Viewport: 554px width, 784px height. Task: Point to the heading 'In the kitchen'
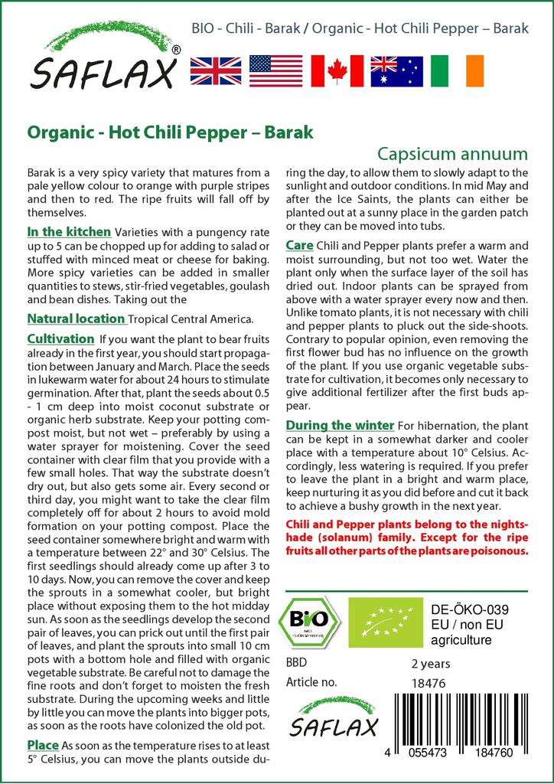pyautogui.click(x=69, y=231)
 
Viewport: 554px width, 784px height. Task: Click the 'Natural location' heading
pyautogui.click(x=76, y=318)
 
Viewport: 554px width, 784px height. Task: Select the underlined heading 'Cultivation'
pyautogui.click(x=60, y=338)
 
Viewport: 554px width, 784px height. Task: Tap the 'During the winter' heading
pyautogui.click(x=340, y=425)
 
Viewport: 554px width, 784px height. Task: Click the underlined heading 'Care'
pyautogui.click(x=298, y=245)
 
